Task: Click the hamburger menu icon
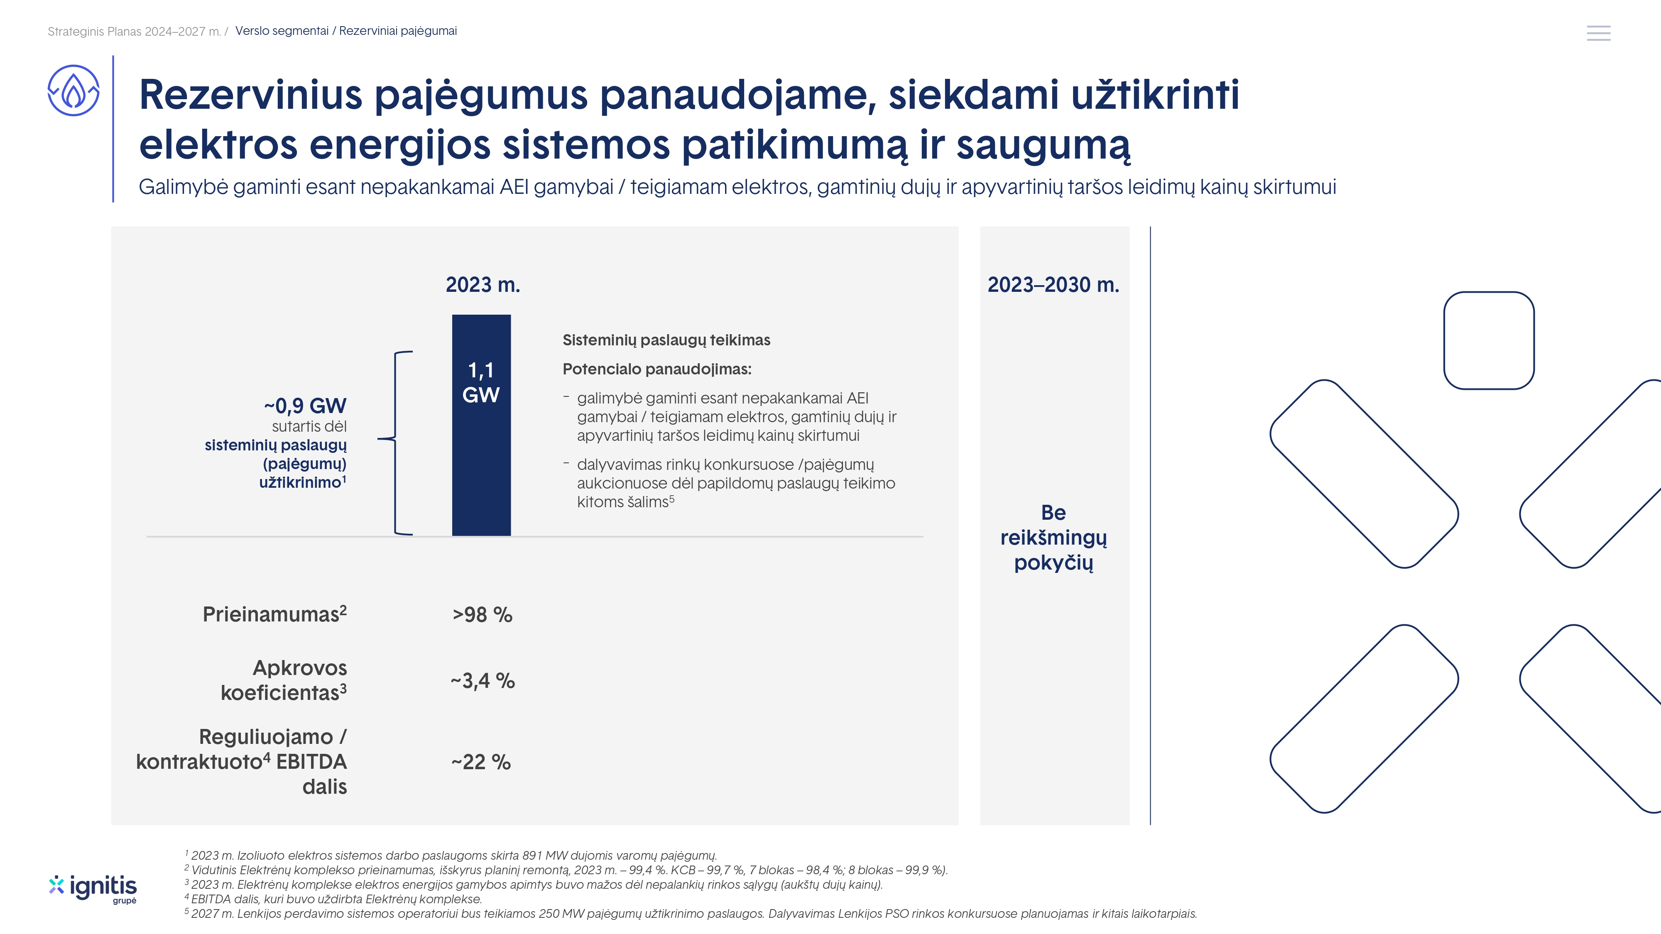(x=1598, y=33)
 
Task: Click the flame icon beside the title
(x=73, y=91)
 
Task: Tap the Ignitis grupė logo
(x=93, y=889)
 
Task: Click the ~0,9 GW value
(x=305, y=406)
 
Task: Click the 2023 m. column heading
(x=482, y=285)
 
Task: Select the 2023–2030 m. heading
(x=1053, y=285)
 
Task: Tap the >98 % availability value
(x=482, y=615)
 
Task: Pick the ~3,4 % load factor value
(x=482, y=681)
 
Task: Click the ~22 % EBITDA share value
(x=481, y=762)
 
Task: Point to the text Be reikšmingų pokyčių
(x=1053, y=538)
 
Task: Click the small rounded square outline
(x=1488, y=340)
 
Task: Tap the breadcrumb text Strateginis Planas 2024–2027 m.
(x=134, y=32)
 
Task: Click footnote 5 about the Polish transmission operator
(x=690, y=913)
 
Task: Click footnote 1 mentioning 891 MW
(x=451, y=856)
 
